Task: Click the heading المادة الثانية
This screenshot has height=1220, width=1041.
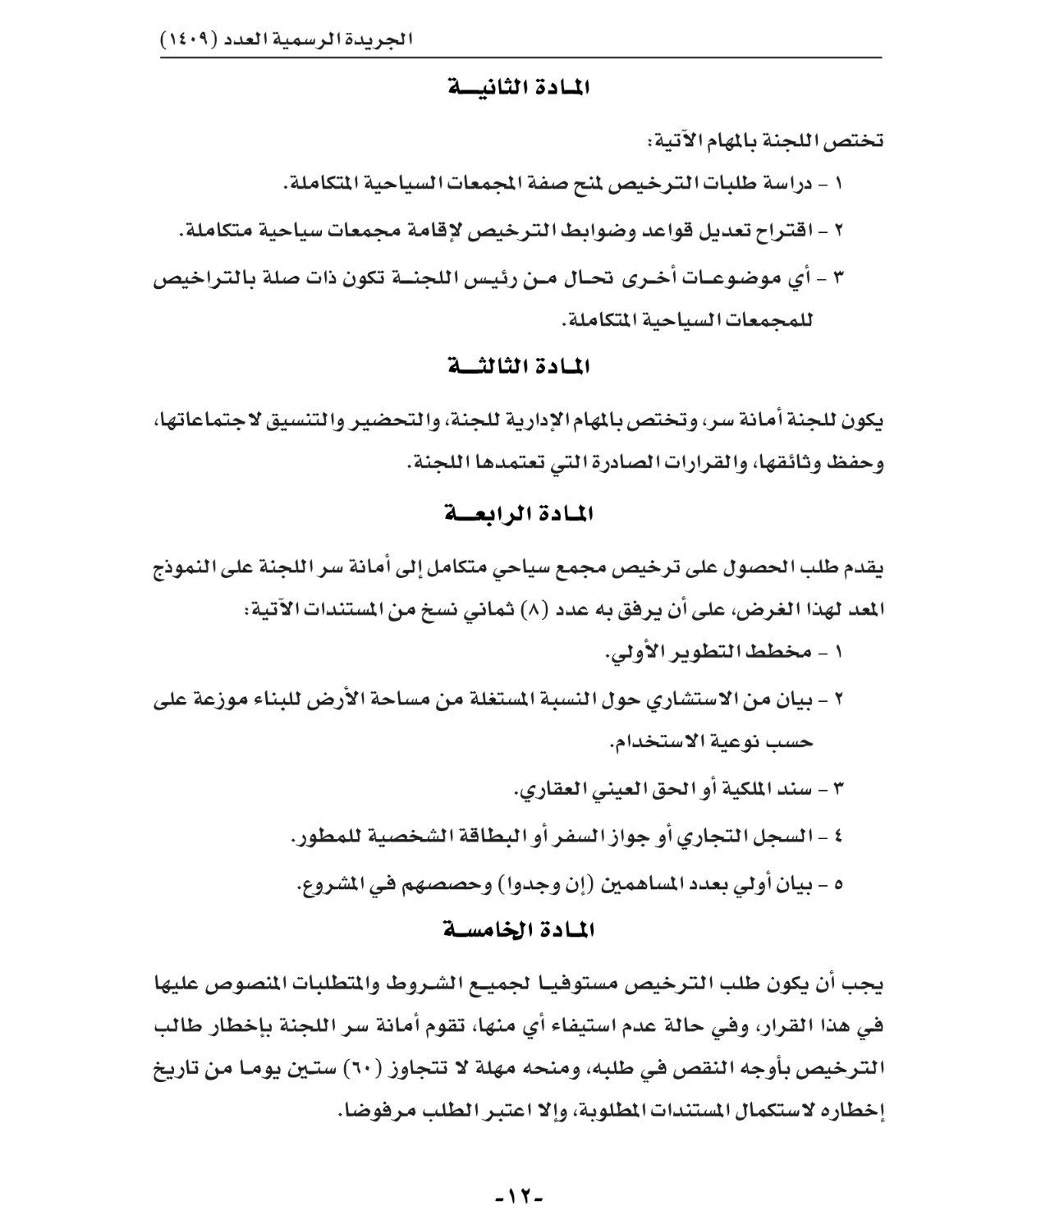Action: click(x=520, y=88)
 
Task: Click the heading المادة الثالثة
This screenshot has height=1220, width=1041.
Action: click(x=520, y=367)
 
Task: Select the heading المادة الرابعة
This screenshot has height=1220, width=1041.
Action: click(x=520, y=515)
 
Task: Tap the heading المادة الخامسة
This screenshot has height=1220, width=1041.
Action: click(x=520, y=931)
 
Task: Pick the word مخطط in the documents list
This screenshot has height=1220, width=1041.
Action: click(x=787, y=653)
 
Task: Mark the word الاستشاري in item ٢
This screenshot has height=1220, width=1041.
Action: click(x=690, y=699)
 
